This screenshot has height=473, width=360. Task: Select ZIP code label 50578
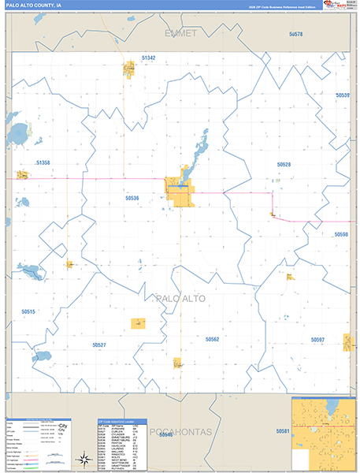[295, 35]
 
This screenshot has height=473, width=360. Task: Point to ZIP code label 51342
[149, 58]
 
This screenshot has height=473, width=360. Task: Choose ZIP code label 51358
[43, 162]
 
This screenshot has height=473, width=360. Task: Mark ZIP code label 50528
[284, 164]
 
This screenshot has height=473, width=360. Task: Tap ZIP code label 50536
[132, 198]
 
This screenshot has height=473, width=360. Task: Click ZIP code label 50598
[340, 234]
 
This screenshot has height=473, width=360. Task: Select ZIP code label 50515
[28, 312]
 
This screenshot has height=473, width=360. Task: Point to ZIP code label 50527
[98, 345]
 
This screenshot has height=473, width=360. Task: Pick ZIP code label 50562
[212, 339]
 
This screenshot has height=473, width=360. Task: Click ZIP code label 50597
[317, 339]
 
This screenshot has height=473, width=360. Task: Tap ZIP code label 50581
[283, 431]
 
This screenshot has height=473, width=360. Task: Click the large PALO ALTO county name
[181, 298]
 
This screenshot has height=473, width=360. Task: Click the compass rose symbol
[83, 458]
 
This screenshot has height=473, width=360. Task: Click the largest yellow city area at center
[180, 190]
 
